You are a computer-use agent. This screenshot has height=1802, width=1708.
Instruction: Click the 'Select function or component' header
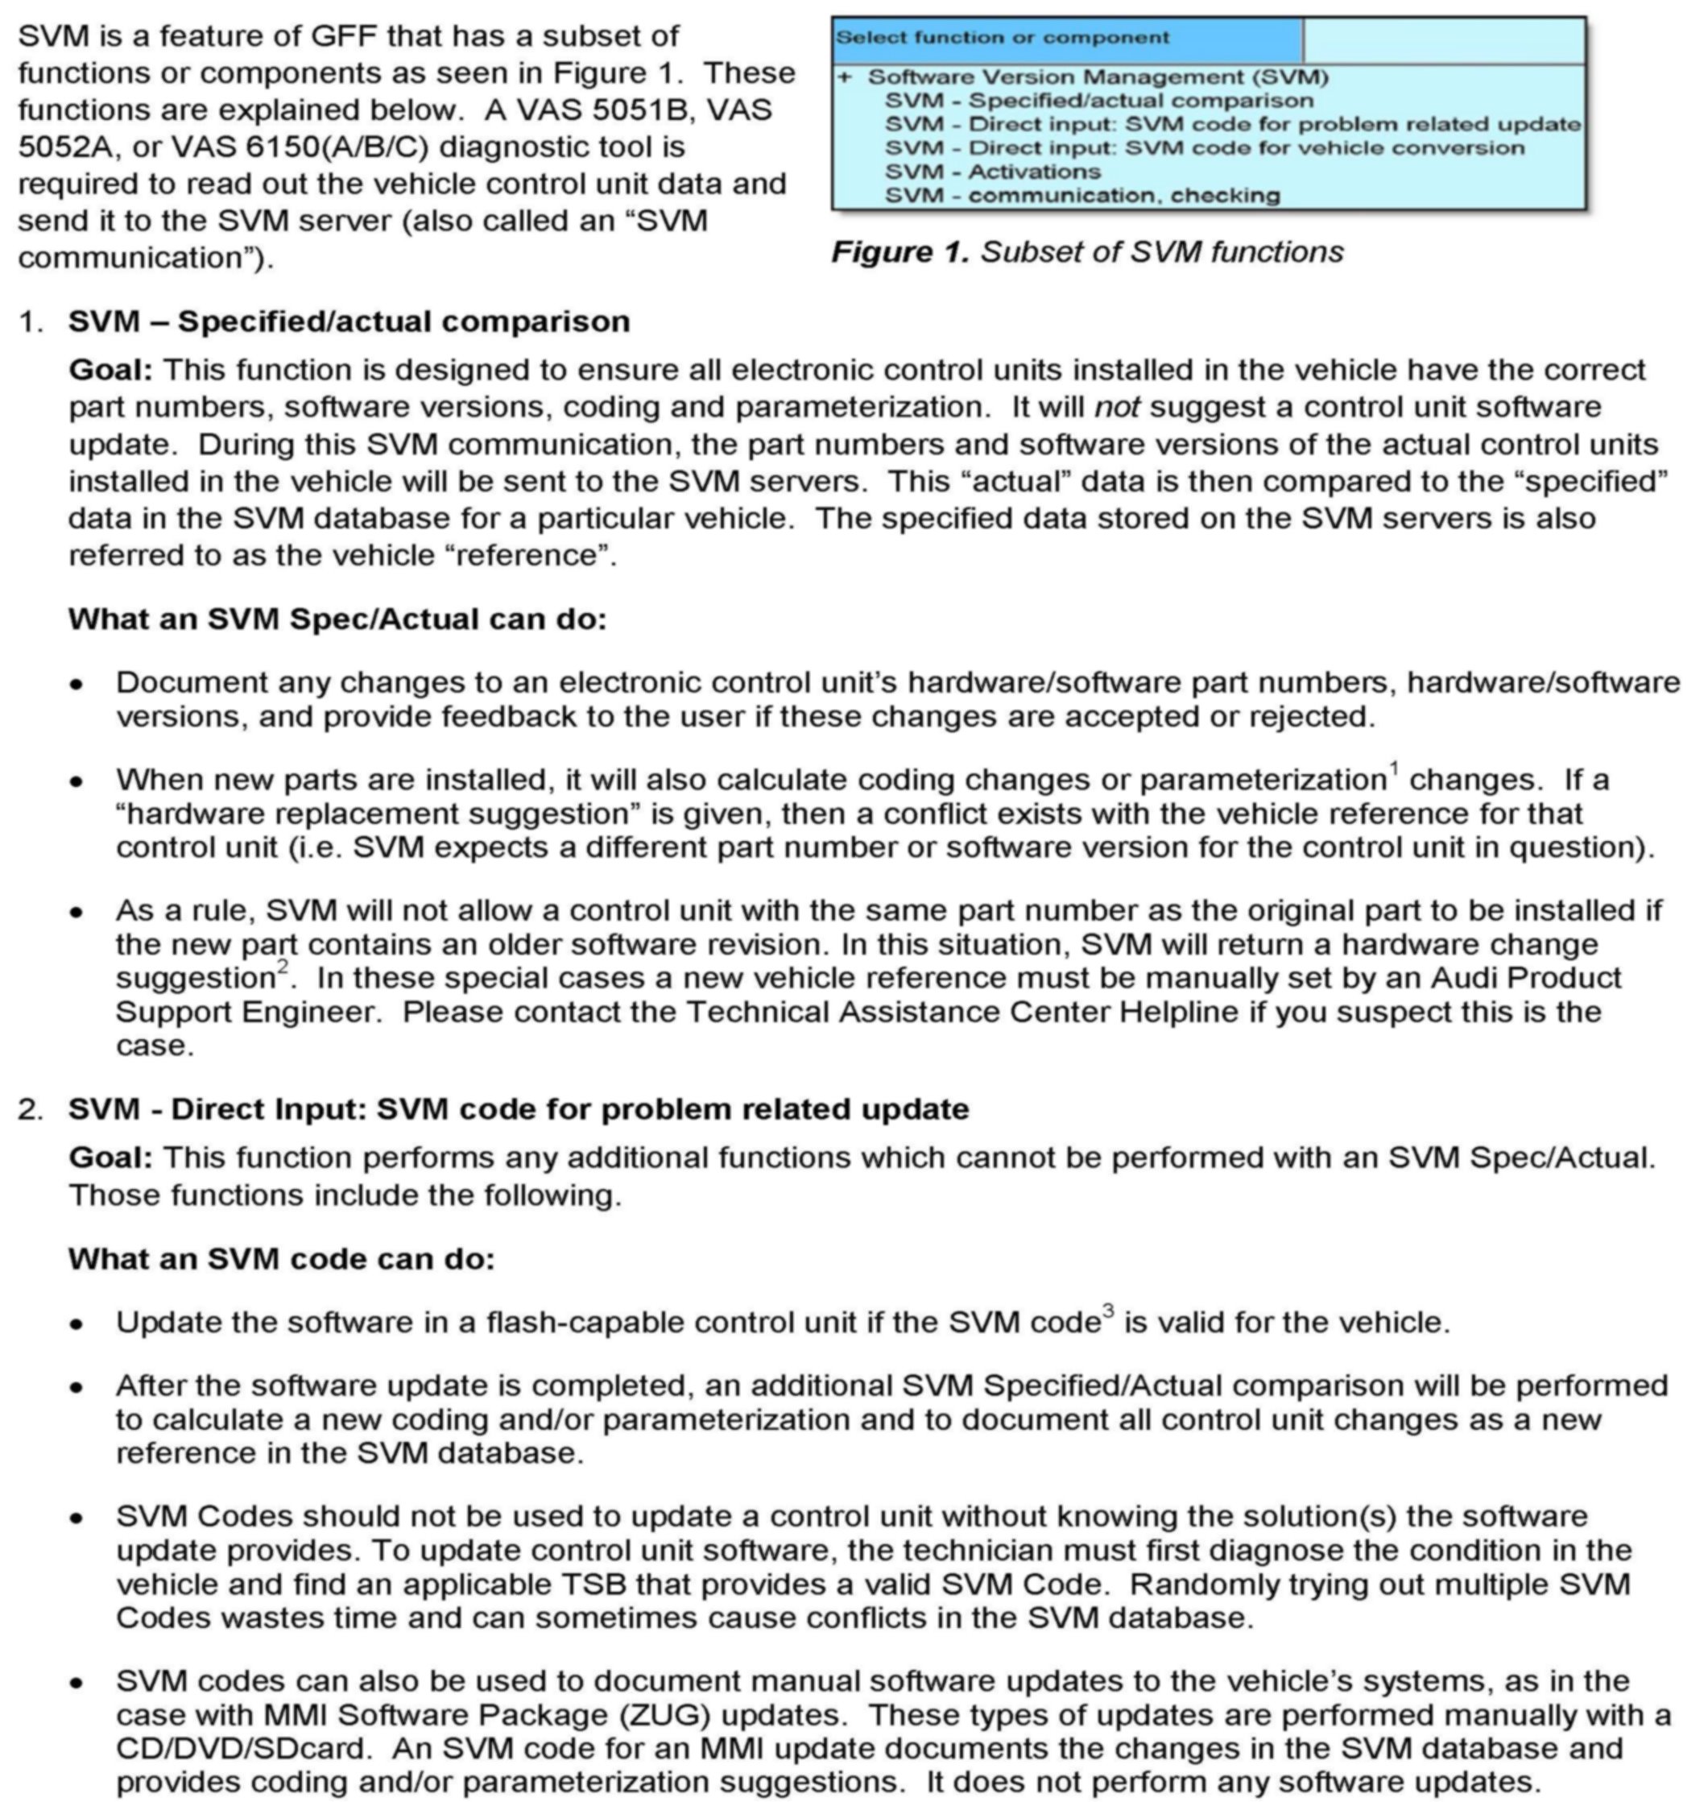[1002, 38]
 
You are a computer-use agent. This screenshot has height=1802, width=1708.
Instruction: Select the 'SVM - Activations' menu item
[992, 172]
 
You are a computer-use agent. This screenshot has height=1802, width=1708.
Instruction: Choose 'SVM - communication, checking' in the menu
[1082, 196]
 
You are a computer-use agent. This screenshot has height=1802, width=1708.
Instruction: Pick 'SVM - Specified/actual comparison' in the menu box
[1099, 101]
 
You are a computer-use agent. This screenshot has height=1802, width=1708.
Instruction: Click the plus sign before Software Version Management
[845, 77]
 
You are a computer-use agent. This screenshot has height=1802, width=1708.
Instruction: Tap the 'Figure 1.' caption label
[900, 252]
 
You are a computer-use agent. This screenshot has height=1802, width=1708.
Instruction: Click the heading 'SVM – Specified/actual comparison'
[349, 321]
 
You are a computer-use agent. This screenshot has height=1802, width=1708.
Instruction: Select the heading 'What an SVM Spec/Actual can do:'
[337, 619]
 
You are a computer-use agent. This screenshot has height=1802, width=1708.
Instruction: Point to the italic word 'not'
[1116, 407]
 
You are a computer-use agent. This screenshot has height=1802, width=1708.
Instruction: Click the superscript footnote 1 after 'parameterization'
[1394, 768]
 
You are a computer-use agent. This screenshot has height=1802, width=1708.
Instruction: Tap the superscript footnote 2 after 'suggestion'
[283, 966]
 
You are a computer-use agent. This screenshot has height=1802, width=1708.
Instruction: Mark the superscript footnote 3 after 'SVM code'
[1108, 1311]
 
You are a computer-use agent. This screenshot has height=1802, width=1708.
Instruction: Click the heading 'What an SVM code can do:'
[281, 1259]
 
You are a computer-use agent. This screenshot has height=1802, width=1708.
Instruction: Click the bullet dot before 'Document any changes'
[77, 684]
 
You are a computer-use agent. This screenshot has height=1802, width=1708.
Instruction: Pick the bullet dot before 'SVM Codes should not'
[77, 1518]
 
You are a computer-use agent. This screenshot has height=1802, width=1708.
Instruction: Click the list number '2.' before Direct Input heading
[30, 1109]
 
